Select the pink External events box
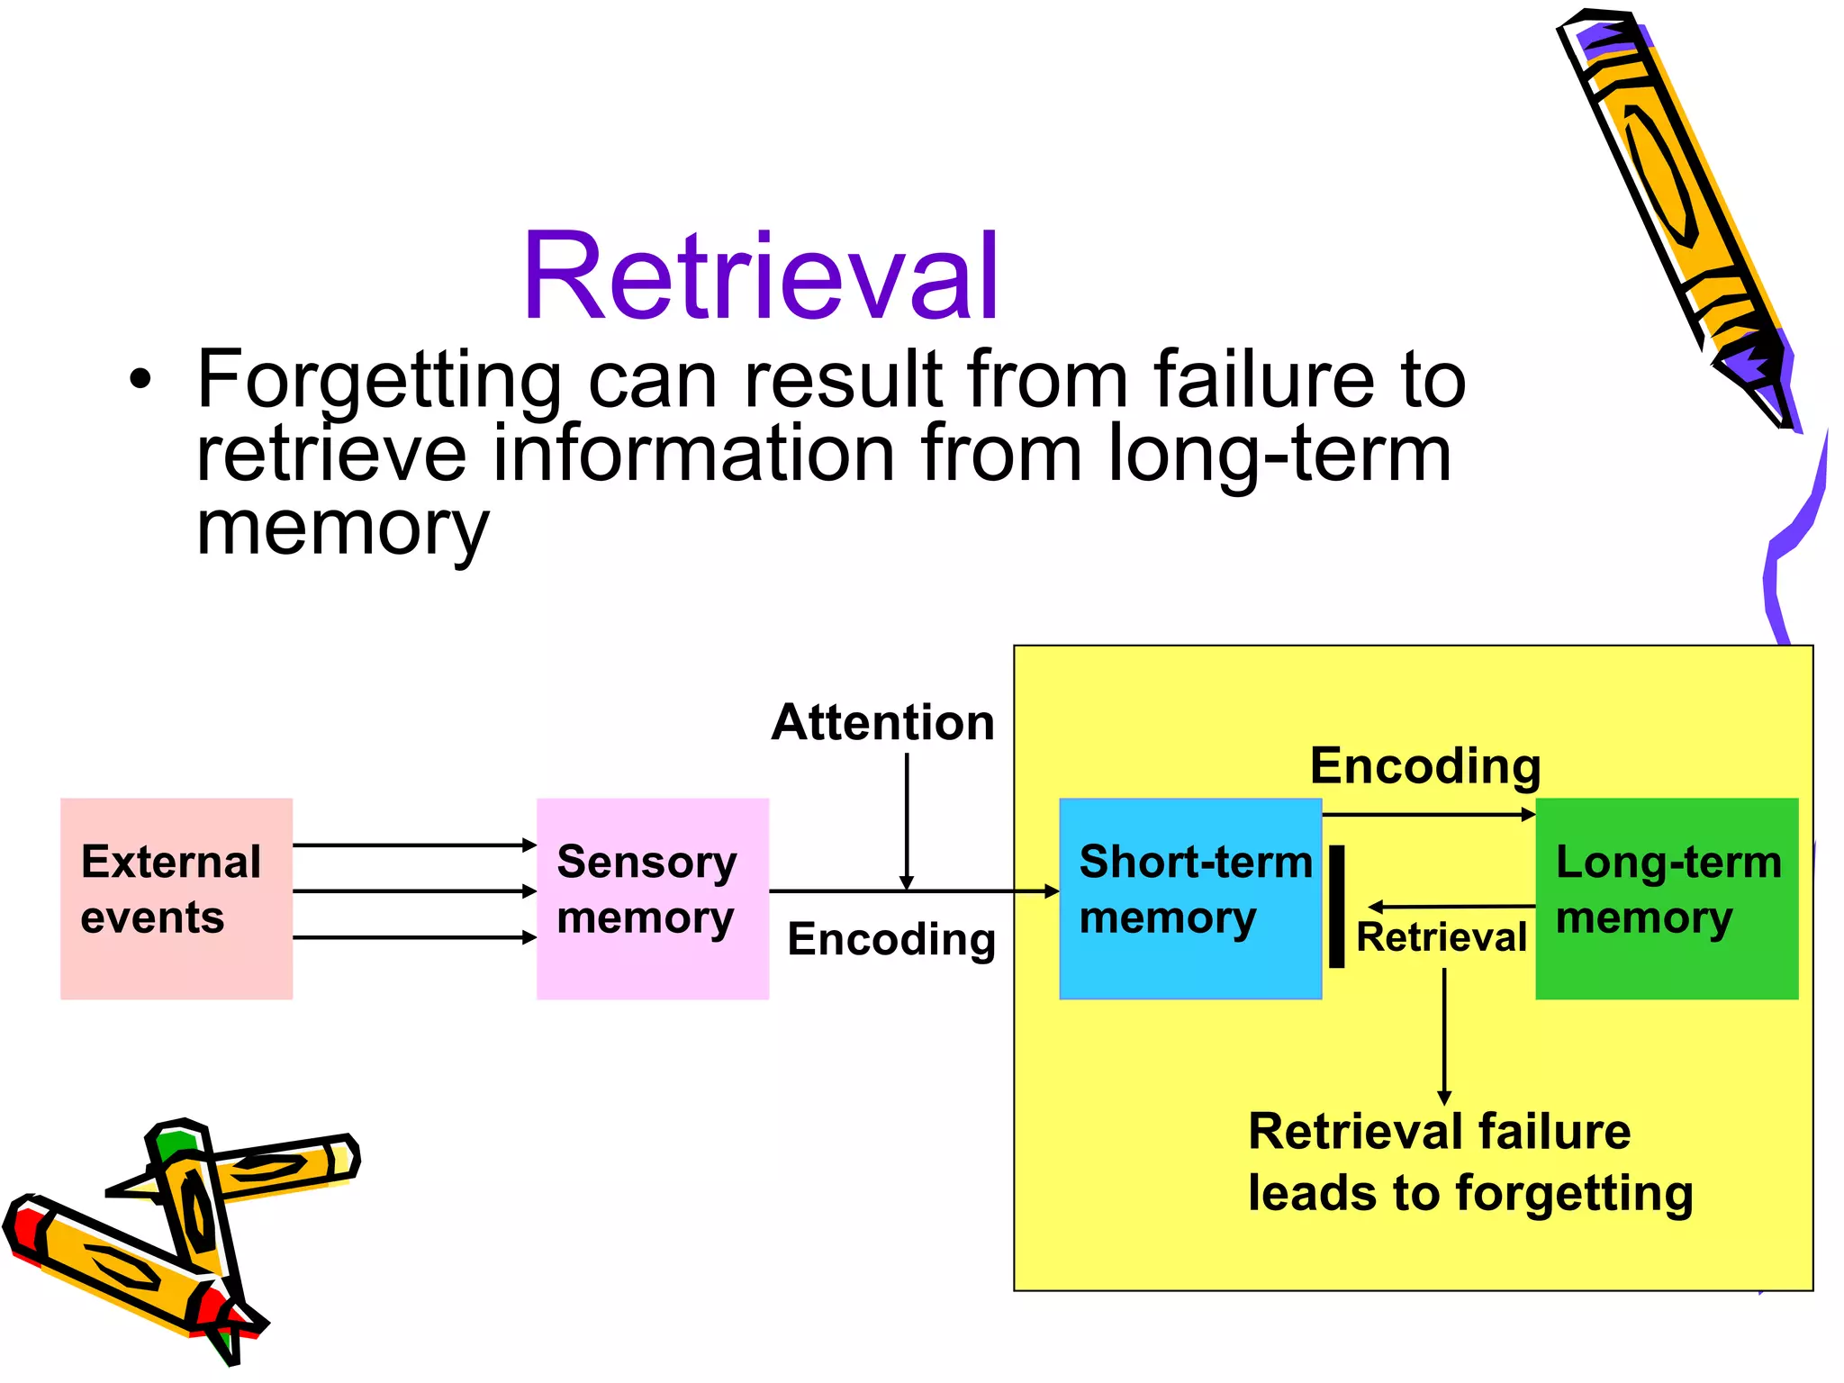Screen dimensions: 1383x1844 (176, 898)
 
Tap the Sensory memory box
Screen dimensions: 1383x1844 (652, 898)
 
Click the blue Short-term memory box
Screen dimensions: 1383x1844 (1189, 898)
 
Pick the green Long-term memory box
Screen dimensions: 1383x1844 (1667, 898)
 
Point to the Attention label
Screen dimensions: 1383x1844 (882, 723)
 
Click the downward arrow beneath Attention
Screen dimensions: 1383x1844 (907, 819)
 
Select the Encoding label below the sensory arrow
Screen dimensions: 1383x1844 (891, 939)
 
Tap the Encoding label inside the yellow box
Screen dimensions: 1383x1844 (1425, 766)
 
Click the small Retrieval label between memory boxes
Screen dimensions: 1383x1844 (1442, 937)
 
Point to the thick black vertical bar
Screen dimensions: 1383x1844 (1337, 906)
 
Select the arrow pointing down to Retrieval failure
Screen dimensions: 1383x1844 (1444, 1035)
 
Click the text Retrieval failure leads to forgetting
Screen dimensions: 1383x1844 (1469, 1162)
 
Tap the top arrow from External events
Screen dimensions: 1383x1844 (414, 845)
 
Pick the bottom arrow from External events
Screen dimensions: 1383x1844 (414, 937)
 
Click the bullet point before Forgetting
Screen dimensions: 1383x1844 (140, 379)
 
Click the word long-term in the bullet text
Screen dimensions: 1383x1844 (1279, 454)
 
